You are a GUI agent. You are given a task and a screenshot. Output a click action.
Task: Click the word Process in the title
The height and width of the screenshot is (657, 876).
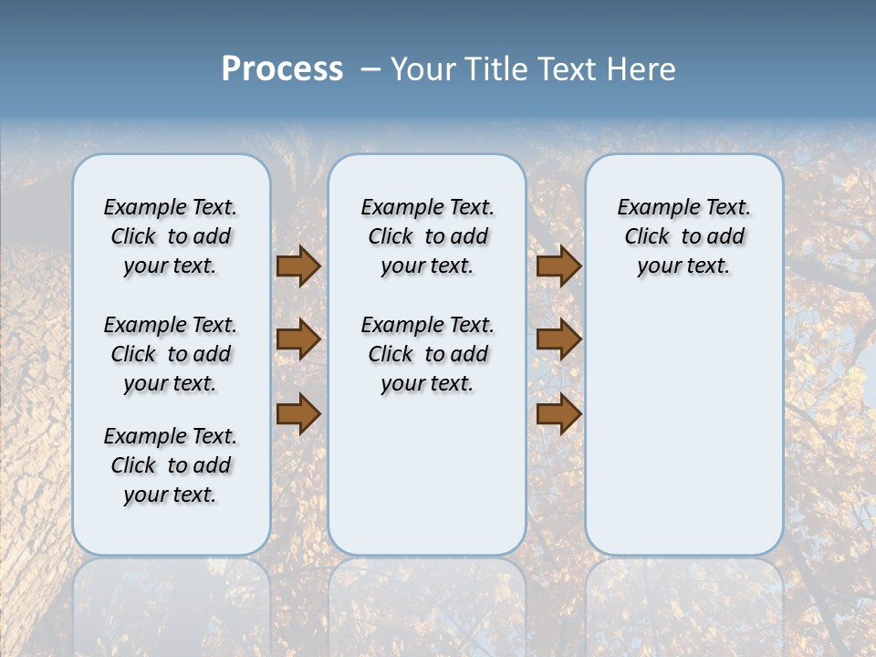[x=282, y=69]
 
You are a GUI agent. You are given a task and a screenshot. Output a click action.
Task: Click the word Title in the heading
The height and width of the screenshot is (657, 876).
[x=496, y=69]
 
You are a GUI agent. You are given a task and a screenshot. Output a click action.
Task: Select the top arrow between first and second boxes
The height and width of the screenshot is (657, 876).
[x=298, y=266]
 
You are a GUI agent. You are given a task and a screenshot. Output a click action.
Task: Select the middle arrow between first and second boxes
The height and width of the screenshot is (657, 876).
[x=298, y=339]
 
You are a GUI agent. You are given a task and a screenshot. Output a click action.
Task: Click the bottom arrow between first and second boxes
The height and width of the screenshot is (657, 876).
[x=298, y=413]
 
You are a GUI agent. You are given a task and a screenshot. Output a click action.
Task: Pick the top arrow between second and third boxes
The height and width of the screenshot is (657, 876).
[x=558, y=266]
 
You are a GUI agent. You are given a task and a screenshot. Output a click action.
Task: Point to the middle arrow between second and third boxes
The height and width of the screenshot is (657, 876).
[x=558, y=339]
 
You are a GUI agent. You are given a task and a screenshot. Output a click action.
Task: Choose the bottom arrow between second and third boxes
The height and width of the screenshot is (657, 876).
[x=558, y=413]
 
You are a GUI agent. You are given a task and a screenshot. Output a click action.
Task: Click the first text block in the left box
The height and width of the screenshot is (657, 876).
[x=171, y=236]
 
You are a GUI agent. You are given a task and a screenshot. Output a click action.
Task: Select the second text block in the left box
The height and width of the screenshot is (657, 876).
[x=171, y=354]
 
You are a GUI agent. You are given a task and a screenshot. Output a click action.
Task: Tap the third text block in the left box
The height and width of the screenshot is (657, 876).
[x=171, y=465]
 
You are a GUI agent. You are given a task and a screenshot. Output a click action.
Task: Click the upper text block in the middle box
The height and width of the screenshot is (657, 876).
[x=427, y=236]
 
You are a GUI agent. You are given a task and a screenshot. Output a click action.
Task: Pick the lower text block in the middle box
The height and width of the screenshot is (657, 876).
[x=427, y=354]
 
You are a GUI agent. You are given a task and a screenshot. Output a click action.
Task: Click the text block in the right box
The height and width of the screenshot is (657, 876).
[x=683, y=236]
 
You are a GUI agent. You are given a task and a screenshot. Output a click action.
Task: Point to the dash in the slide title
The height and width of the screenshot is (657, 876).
[x=370, y=69]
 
